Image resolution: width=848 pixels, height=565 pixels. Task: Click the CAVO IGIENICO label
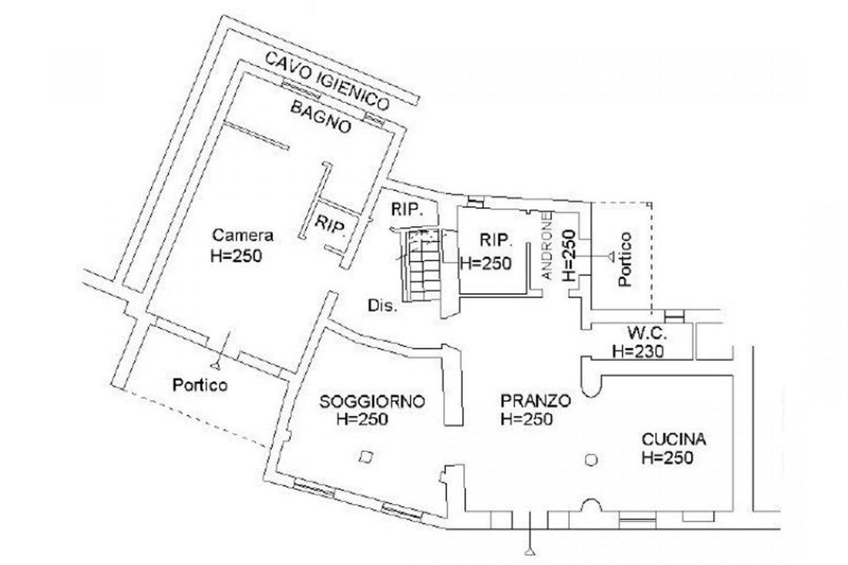coord(327,82)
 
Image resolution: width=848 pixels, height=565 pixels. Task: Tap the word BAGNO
coord(320,118)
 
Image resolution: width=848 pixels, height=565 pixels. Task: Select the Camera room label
coord(243,235)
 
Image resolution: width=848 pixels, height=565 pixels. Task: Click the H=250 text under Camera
coord(236,256)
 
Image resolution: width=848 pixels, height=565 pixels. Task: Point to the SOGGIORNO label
coord(372,401)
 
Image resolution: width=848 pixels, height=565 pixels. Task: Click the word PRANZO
coord(536,400)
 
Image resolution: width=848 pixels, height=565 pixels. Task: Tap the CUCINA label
coord(674,440)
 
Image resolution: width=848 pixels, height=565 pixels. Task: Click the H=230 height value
coord(638,351)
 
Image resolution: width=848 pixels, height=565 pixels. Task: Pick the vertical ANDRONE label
coord(546,245)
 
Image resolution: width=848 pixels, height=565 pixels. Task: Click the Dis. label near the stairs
coord(383,306)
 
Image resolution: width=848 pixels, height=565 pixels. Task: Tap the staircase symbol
coord(424,265)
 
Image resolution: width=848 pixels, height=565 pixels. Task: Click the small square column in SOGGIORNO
coord(366,457)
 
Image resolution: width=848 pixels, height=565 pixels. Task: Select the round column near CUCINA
coord(591,460)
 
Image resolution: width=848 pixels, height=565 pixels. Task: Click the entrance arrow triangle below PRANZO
coord(531,551)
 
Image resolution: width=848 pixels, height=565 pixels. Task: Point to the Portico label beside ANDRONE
coord(625,259)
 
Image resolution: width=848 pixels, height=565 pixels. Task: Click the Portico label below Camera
coord(200,385)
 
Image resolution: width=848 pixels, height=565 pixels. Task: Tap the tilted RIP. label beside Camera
coord(330,225)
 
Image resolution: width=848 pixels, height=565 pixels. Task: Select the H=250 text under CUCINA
coord(667,458)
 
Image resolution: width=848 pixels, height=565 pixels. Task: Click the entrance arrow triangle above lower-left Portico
coord(216,365)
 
